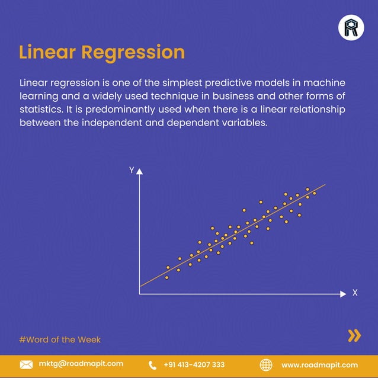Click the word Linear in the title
click(x=47, y=52)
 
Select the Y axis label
click(x=131, y=171)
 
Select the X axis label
click(x=355, y=293)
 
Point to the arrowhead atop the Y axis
click(x=140, y=171)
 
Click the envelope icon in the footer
click(x=26, y=364)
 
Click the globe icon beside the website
click(x=266, y=364)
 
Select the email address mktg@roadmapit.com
click(x=81, y=364)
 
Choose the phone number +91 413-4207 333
click(x=194, y=364)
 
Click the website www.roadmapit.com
click(x=319, y=364)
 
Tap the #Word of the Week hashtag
click(x=60, y=339)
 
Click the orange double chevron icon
click(x=354, y=336)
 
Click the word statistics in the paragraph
click(x=41, y=110)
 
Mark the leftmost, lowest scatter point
click(x=166, y=277)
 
